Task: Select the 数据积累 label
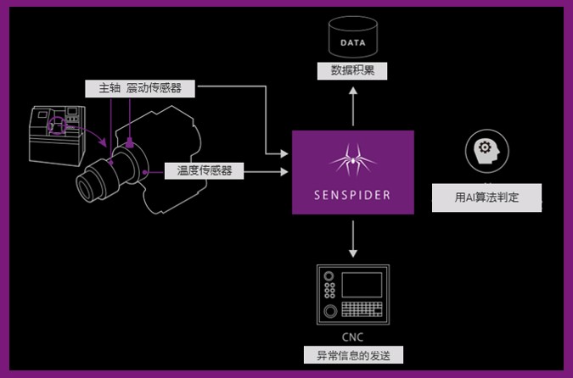tap(352, 71)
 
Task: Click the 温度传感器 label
tap(204, 170)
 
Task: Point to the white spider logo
tap(352, 159)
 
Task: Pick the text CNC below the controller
tap(352, 336)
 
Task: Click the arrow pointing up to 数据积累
tap(352, 102)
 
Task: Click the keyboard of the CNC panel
tap(361, 310)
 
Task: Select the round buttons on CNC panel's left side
tap(327, 292)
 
